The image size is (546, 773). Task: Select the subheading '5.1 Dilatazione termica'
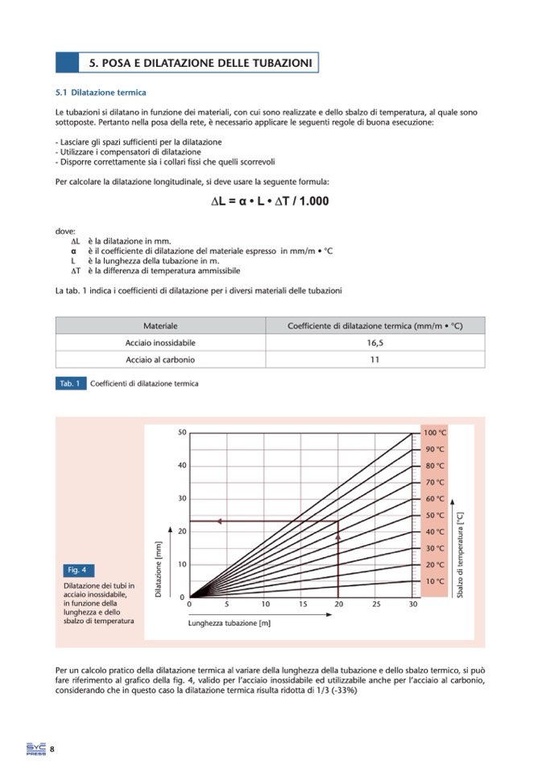(101, 93)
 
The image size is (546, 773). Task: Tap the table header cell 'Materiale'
(160, 326)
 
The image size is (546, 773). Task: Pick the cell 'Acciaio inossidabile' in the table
(160, 343)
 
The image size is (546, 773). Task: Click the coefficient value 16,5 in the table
(374, 343)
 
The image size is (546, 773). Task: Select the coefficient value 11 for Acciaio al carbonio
(374, 359)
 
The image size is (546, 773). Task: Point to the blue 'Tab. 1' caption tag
(70, 383)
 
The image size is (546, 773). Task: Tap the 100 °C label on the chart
(435, 433)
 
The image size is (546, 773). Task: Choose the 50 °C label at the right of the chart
(435, 515)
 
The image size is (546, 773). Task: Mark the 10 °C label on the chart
(435, 581)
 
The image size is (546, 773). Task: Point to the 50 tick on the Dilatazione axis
(182, 433)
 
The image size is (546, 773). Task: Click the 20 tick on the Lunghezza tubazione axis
(338, 604)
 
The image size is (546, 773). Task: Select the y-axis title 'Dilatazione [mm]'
(159, 569)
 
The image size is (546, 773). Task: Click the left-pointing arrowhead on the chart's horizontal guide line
(220, 522)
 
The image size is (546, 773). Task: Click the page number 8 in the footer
(52, 750)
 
